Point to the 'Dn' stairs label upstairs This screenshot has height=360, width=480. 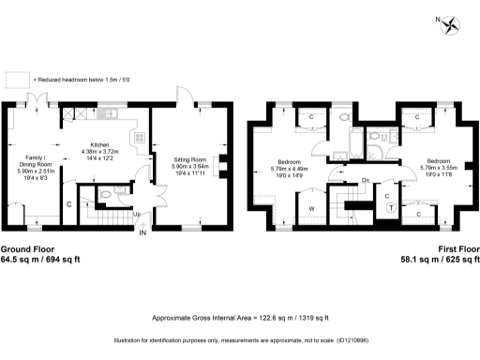click(x=366, y=179)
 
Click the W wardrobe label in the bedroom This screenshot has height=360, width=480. click(x=310, y=208)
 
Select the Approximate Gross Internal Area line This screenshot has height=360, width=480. click(x=239, y=318)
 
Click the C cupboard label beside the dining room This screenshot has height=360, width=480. click(x=69, y=203)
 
